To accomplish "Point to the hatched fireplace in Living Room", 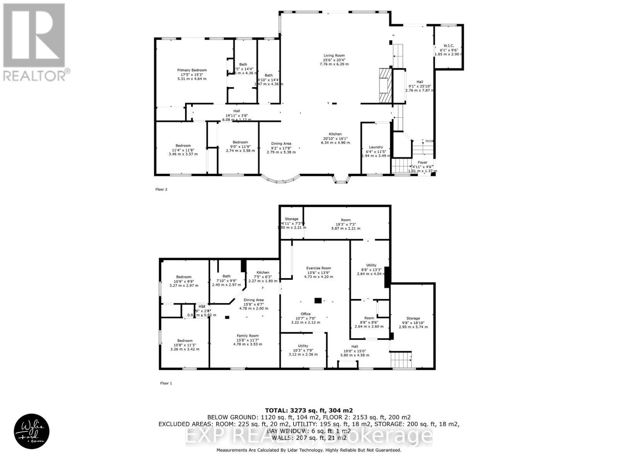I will tap(385, 85).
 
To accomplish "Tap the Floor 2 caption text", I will tap(161, 189).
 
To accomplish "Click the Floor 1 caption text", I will tap(166, 383).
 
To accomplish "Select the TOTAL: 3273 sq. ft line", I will tap(309, 411).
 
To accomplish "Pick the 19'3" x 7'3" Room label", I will tap(346, 224).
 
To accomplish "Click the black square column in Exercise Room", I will tap(318, 301).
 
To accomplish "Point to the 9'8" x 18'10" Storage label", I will tap(413, 323).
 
